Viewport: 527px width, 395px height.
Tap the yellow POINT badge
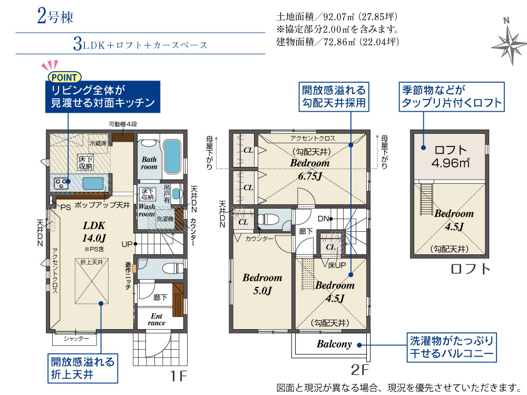pos(64,77)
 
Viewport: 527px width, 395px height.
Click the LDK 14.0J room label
pos(94,232)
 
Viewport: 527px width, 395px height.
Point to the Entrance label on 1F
pos(157,320)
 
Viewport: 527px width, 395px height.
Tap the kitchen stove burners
pos(61,183)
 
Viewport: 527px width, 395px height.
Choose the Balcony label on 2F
pos(334,344)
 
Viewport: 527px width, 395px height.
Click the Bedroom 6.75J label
pos(310,169)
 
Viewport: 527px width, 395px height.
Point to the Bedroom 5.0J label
pos(262,284)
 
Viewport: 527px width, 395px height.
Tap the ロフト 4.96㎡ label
pos(451,156)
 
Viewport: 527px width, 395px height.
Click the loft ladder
pos(426,199)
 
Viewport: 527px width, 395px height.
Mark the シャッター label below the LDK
pos(76,339)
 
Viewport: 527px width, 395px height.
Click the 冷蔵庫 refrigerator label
pos(98,143)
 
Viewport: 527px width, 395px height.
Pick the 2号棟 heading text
pos(55,17)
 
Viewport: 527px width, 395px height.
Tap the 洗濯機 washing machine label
pos(165,219)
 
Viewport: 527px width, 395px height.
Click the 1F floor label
pos(178,376)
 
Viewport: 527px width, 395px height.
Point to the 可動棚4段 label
pos(123,124)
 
